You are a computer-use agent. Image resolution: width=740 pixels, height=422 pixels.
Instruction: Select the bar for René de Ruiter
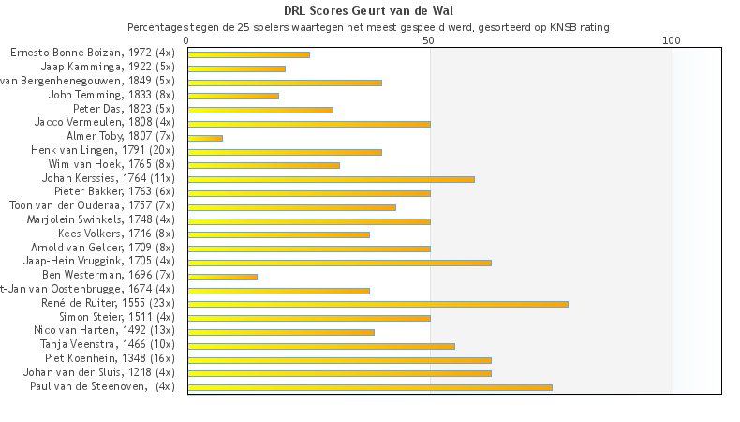[x=377, y=304]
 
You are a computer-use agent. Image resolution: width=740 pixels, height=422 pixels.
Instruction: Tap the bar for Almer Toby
[x=205, y=138]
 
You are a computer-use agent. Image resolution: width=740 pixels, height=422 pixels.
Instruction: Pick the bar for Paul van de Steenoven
[x=370, y=386]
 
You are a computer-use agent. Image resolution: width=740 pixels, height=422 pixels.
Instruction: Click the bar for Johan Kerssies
[x=331, y=179]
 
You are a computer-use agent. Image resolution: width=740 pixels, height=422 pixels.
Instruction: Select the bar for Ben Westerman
[x=222, y=277]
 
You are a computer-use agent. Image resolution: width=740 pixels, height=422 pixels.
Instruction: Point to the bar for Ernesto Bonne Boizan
[x=248, y=54]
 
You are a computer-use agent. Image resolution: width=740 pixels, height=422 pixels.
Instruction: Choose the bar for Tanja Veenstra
[x=321, y=345]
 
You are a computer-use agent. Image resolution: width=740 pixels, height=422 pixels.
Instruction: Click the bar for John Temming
[x=233, y=96]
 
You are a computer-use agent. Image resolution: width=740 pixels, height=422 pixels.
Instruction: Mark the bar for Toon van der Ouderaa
[x=291, y=207]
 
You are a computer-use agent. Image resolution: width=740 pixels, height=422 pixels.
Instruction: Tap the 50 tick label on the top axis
[x=428, y=41]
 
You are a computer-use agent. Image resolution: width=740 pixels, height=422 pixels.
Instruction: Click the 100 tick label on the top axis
[x=671, y=41]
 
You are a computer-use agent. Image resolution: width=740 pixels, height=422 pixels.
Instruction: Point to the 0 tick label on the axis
[x=187, y=41]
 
